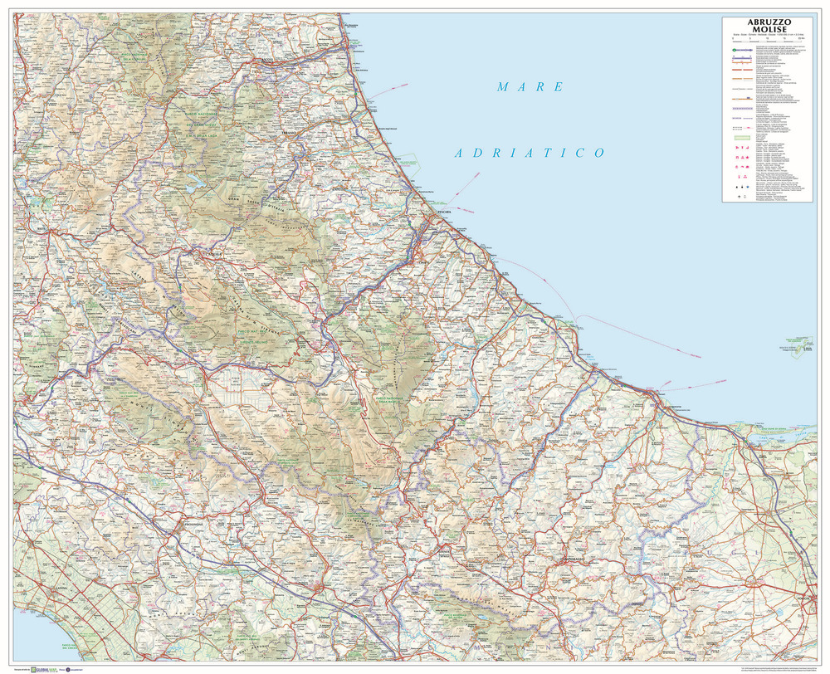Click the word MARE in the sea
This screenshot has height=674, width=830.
(x=530, y=86)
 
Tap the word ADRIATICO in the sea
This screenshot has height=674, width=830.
(x=529, y=153)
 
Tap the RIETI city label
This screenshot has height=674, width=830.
(x=36, y=225)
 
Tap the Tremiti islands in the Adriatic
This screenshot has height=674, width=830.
(x=798, y=342)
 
